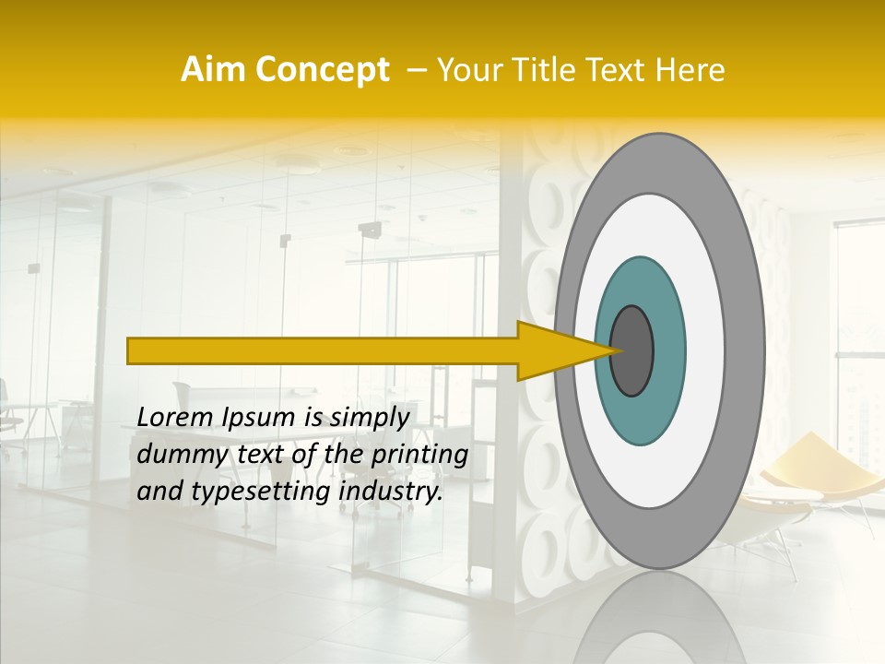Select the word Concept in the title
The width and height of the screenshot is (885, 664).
[322, 70]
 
